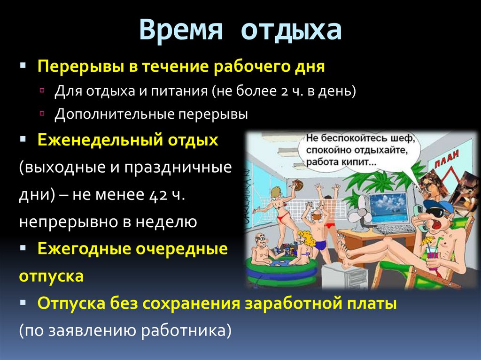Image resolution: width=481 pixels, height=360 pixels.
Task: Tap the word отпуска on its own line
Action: (x=52, y=276)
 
